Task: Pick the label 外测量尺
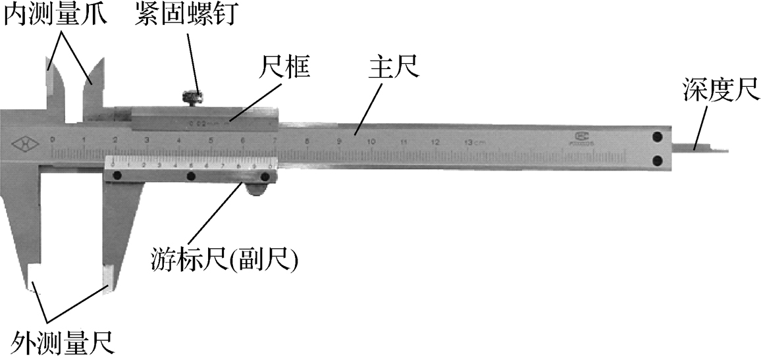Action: click(63, 342)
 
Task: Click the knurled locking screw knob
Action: click(192, 97)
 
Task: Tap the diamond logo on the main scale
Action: click(24, 141)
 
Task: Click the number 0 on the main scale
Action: click(52, 140)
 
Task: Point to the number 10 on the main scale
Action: click(371, 141)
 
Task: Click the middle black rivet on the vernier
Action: click(191, 176)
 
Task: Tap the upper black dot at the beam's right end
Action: click(657, 137)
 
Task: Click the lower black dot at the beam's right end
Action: click(657, 160)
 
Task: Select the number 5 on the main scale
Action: click(211, 140)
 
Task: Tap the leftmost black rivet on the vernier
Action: click(118, 176)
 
